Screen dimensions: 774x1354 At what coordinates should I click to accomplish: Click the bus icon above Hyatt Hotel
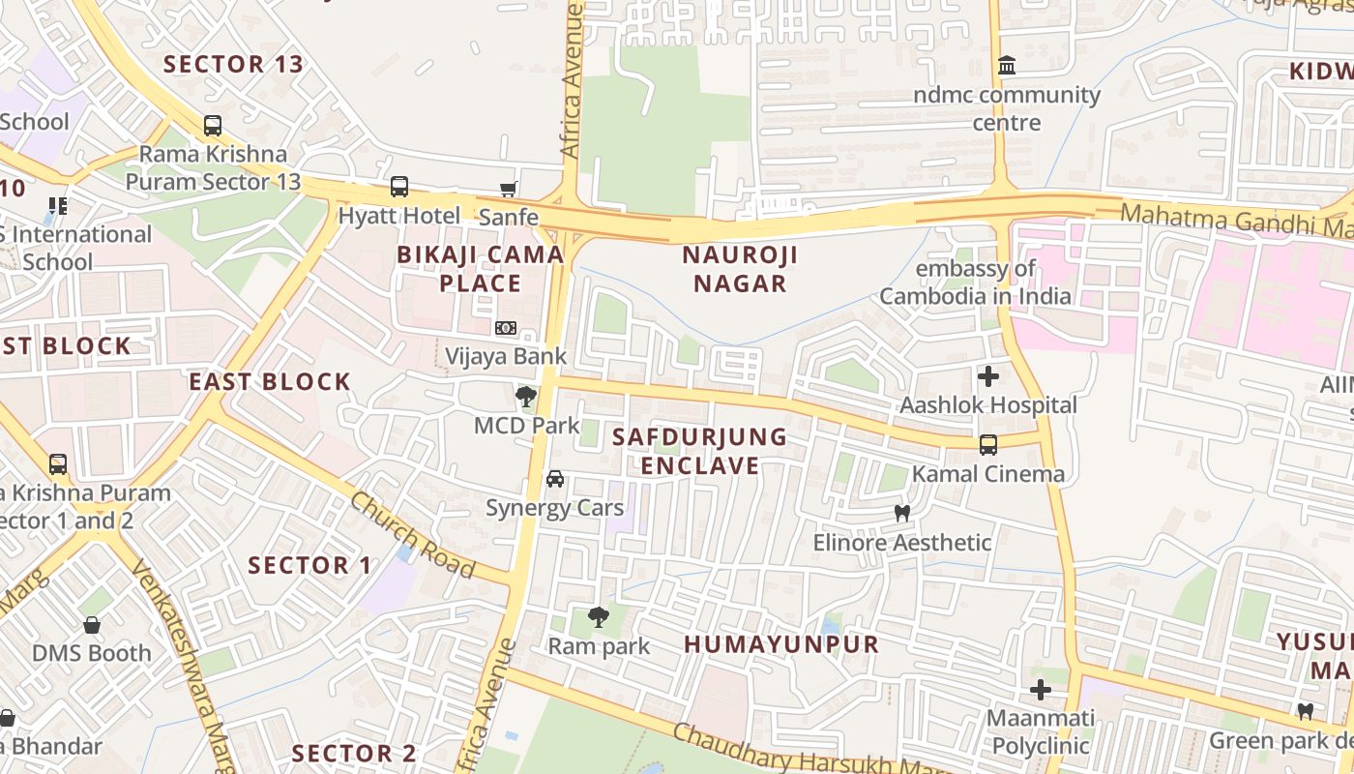(x=398, y=187)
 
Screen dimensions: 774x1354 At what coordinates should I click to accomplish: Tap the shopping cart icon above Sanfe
(x=508, y=190)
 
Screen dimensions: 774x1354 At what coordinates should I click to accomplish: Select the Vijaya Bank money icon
(x=505, y=328)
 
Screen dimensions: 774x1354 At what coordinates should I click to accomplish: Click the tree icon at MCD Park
(x=526, y=396)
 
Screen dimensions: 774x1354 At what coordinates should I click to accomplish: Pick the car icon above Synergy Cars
(x=555, y=479)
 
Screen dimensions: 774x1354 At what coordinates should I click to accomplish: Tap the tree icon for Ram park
(x=599, y=616)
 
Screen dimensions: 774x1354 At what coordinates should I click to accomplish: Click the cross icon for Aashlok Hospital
(x=988, y=375)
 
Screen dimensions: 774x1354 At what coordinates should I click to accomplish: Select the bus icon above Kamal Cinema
(x=987, y=445)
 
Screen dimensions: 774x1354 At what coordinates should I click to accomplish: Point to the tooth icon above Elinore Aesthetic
(x=902, y=514)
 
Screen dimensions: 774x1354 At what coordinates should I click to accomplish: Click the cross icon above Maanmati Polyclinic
(x=1041, y=690)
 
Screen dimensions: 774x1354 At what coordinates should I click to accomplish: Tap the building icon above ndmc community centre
(x=1007, y=66)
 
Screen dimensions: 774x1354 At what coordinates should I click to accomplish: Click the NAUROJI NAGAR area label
(x=734, y=269)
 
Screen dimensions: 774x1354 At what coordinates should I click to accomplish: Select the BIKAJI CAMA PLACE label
(x=481, y=269)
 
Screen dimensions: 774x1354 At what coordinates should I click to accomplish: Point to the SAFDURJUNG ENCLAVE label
(x=700, y=451)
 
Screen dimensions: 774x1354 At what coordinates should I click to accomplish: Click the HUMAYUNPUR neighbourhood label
(x=781, y=643)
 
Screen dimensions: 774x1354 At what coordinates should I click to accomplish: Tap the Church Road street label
(x=412, y=535)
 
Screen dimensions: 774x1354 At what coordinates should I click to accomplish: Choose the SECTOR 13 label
(x=233, y=65)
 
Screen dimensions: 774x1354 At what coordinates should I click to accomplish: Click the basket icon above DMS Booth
(x=92, y=625)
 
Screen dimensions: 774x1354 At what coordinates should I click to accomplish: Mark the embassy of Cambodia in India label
(x=975, y=282)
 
